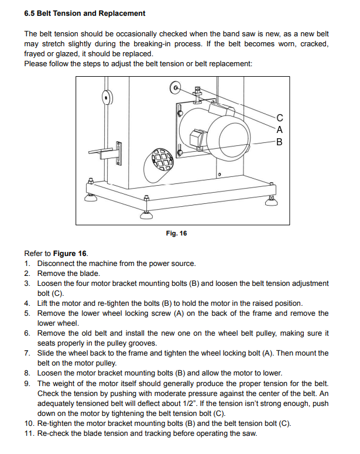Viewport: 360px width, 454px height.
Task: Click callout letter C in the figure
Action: (279, 117)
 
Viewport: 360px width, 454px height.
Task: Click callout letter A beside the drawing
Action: (279, 129)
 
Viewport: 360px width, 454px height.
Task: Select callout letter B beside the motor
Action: (279, 141)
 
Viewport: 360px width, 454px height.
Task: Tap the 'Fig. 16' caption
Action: (177, 233)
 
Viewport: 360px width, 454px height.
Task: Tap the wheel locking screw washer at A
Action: (175, 88)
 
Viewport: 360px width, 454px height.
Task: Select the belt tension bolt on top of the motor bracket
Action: (198, 91)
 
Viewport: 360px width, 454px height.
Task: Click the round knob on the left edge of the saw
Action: (107, 97)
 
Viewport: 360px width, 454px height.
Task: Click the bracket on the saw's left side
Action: (111, 152)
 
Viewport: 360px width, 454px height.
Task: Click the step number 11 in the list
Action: (29, 433)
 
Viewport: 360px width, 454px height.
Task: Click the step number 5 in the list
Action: (28, 313)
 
